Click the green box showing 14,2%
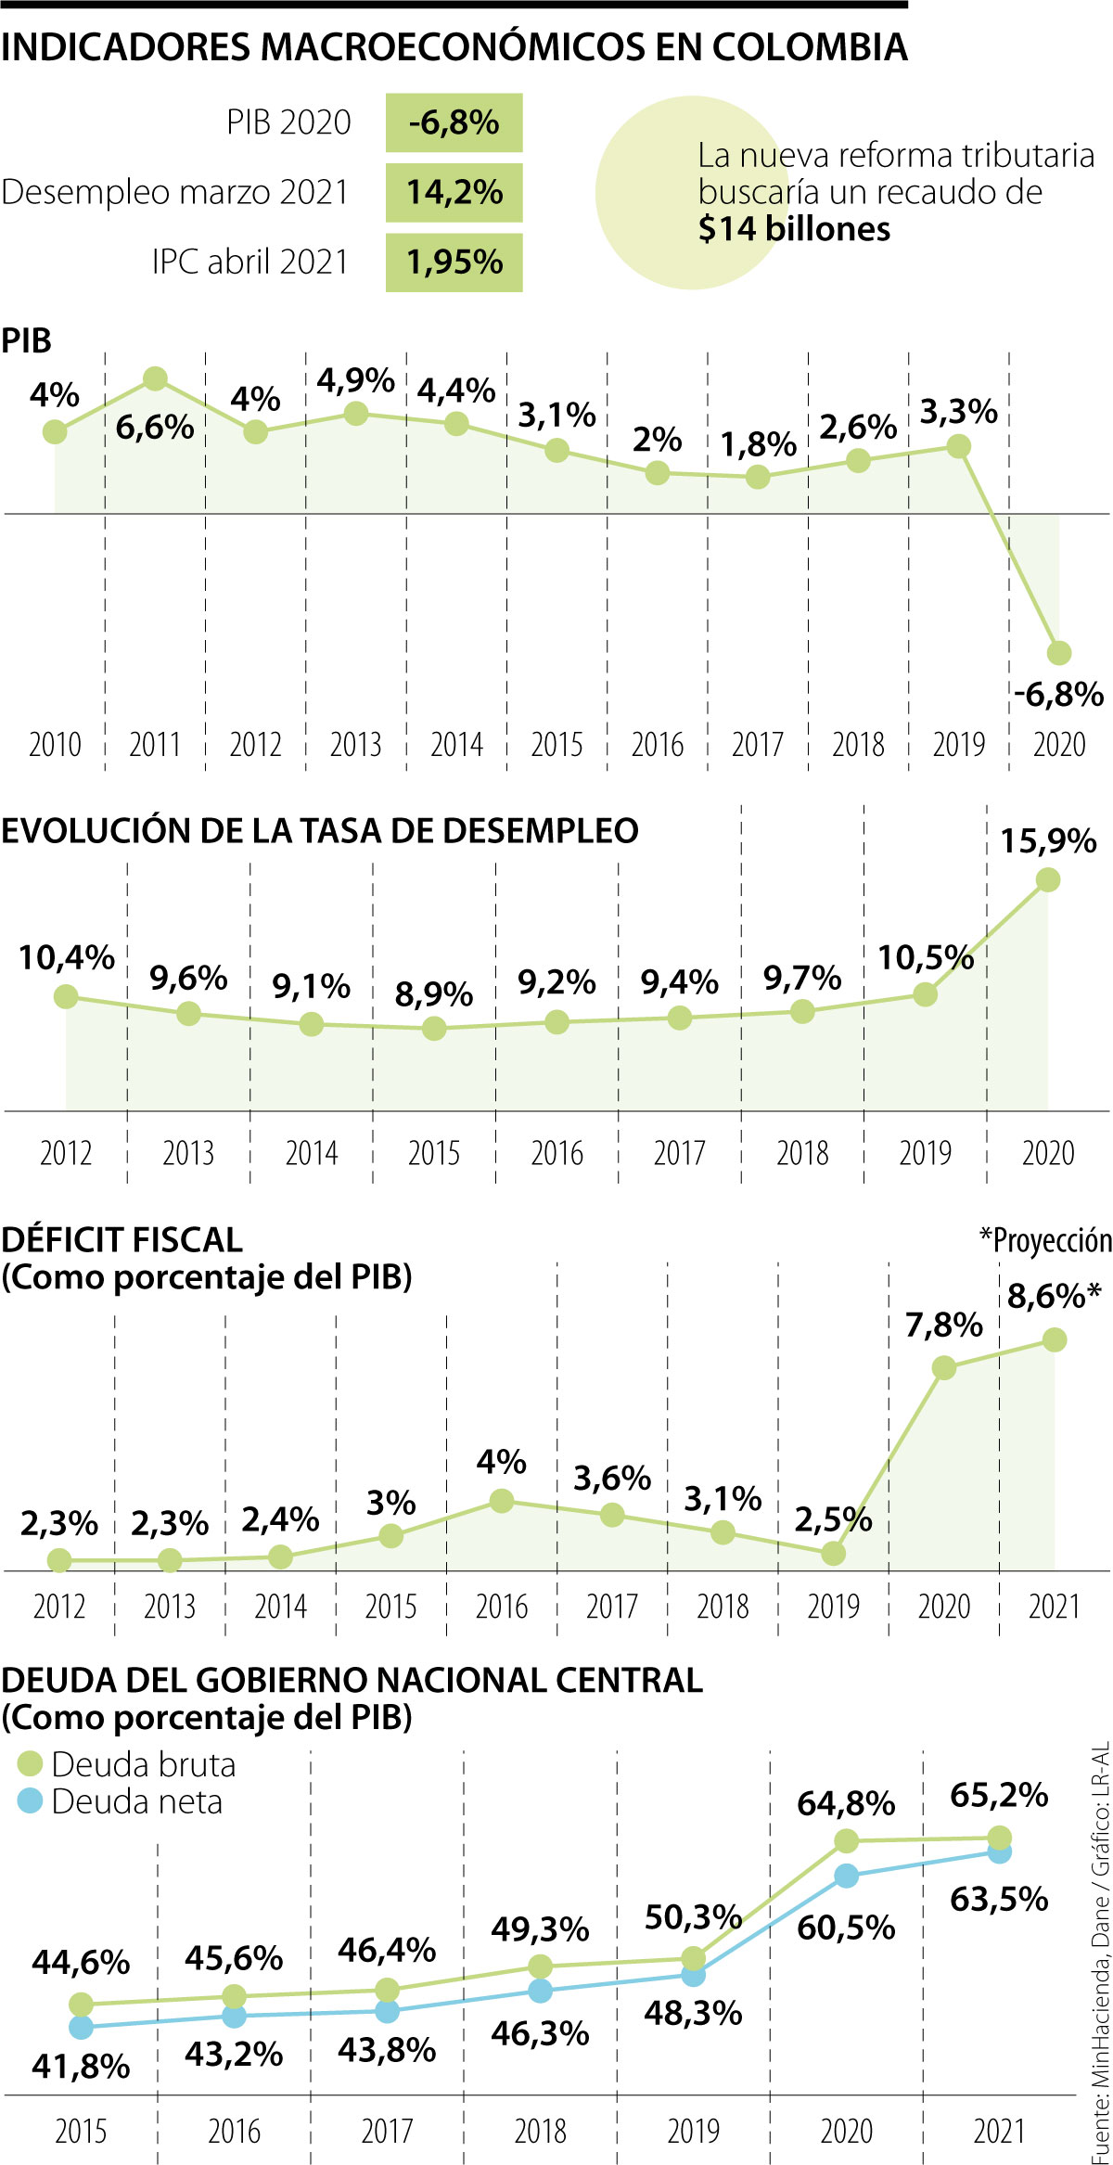[x=454, y=193]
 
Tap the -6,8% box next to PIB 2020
[x=454, y=122]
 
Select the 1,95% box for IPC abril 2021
[x=454, y=263]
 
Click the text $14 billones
[x=794, y=229]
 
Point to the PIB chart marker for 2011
[x=155, y=378]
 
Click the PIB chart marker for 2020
[x=1058, y=653]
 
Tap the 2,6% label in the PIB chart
[x=858, y=427]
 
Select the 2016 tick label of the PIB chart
[x=657, y=745]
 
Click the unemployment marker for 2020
[x=1047, y=879]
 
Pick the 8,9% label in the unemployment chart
[x=433, y=994]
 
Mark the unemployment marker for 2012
[x=66, y=996]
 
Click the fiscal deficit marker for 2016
[x=501, y=1501]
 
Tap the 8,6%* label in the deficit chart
[x=1054, y=1296]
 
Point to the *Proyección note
[x=1045, y=1240]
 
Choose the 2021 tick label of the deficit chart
[x=1054, y=1607]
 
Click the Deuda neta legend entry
[x=121, y=1801]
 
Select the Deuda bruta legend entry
[x=127, y=1763]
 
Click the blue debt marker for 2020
[x=846, y=1876]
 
